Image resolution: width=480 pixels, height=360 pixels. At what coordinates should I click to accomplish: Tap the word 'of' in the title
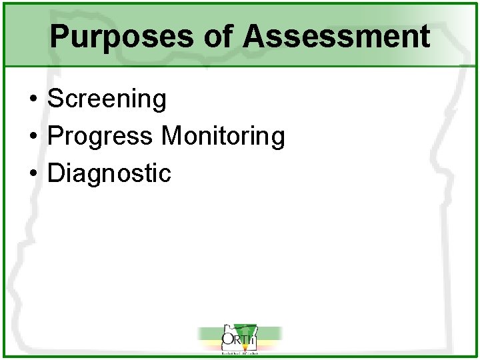pyautogui.click(x=218, y=37)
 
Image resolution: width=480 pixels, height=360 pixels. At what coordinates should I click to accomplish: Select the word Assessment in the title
pyautogui.click(x=336, y=37)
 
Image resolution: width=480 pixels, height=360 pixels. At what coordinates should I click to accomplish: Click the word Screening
pyautogui.click(x=107, y=99)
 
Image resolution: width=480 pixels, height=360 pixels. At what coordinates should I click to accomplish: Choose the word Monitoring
pyautogui.click(x=223, y=137)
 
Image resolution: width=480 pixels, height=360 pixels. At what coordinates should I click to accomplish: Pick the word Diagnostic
pyautogui.click(x=110, y=173)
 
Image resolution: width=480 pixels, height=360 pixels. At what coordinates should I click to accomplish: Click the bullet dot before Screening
pyautogui.click(x=33, y=100)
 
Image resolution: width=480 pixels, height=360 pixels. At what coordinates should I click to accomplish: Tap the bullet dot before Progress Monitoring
pyautogui.click(x=33, y=137)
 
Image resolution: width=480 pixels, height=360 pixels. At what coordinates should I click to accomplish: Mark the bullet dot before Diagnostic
pyautogui.click(x=33, y=174)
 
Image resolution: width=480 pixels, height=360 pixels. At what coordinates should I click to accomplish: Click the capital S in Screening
pyautogui.click(x=56, y=99)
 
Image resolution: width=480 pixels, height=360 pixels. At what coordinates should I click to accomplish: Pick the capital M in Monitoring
pyautogui.click(x=171, y=137)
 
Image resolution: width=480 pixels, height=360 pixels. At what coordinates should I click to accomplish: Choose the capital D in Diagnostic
pyautogui.click(x=57, y=173)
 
